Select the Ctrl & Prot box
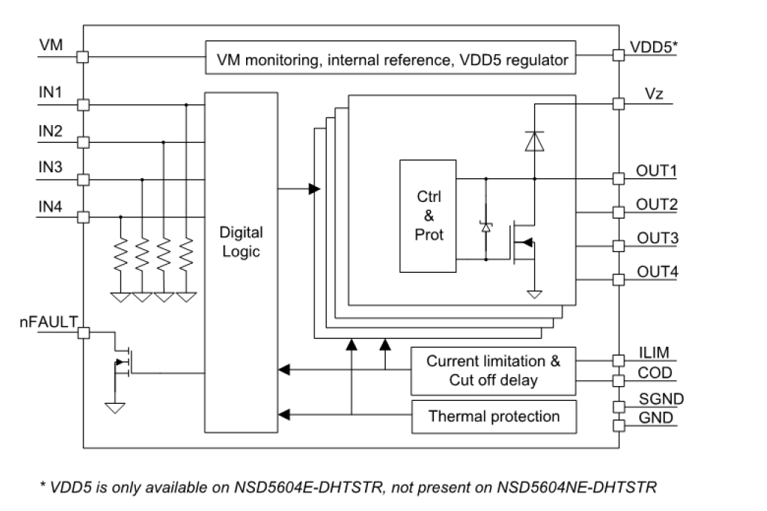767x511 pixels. (429, 215)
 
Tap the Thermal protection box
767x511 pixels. (494, 416)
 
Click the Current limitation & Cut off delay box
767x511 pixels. (494, 371)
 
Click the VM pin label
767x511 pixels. (51, 46)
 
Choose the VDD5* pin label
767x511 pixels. (654, 47)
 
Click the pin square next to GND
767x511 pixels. (618, 425)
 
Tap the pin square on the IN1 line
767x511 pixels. (83, 105)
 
